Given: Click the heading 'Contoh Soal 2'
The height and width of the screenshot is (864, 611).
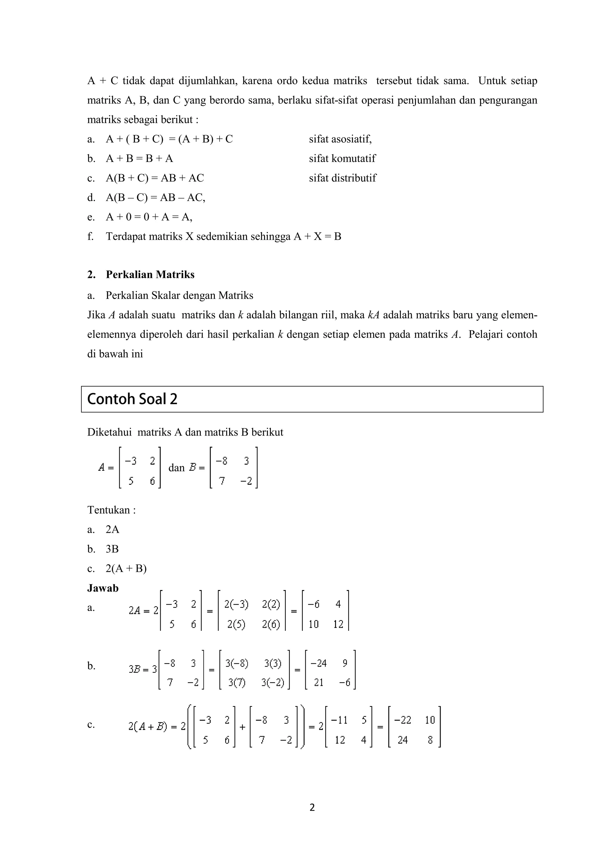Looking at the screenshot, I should coord(132,399).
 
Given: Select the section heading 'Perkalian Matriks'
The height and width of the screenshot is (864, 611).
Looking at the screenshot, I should coord(150,275).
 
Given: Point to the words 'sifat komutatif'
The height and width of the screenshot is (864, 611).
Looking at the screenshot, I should coord(342,158).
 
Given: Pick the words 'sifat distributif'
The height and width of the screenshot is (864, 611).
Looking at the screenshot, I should coord(342,178).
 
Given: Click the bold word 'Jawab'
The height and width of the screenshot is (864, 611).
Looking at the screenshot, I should coord(103,588).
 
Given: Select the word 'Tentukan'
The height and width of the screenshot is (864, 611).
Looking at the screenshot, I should coord(109,510).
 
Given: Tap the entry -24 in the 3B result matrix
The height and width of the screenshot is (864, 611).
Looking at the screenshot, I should coord(318,663).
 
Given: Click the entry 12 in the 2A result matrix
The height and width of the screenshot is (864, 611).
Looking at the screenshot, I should coord(338,624).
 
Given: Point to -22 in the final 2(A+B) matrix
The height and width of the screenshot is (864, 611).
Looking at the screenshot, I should coord(402,720).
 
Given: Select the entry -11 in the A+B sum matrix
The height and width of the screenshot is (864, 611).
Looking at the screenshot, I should coord(339,720).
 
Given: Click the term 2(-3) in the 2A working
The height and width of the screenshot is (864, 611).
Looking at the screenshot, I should coord(236,604).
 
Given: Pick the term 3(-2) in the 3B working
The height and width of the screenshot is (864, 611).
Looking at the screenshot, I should coord(273,683).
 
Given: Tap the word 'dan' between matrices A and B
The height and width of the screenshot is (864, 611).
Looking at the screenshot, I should coord(177,468).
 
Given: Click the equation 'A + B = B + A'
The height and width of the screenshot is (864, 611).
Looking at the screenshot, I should coord(139,158).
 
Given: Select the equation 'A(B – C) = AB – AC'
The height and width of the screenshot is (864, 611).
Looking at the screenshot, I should coord(155,198).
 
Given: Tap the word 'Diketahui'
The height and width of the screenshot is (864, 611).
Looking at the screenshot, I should coord(109,432).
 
